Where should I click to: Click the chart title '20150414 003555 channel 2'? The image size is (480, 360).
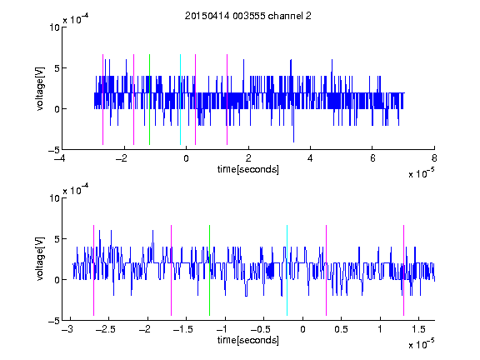pyautogui.click(x=248, y=16)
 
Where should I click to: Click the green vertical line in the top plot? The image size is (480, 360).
pyautogui.click(x=149, y=99)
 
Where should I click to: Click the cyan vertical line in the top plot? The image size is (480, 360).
pyautogui.click(x=180, y=99)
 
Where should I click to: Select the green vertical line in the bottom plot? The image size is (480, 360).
pyautogui.click(x=209, y=270)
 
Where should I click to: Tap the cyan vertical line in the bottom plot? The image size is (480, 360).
pyautogui.click(x=287, y=270)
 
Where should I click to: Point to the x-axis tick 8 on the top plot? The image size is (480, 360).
pyautogui.click(x=434, y=158)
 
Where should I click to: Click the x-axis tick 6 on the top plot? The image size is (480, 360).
pyautogui.click(x=372, y=158)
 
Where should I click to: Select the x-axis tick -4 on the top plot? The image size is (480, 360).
pyautogui.click(x=60, y=158)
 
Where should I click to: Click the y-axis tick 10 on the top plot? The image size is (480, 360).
pyautogui.click(x=54, y=27)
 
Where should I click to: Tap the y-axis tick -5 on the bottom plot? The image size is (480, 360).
pyautogui.click(x=54, y=321)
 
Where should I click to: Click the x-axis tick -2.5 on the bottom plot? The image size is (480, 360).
pyautogui.click(x=105, y=329)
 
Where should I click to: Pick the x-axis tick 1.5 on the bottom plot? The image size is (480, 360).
pyautogui.click(x=419, y=329)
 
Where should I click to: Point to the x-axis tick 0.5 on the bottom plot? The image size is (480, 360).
pyautogui.click(x=341, y=329)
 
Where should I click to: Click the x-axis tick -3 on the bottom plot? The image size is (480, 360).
pyautogui.click(x=67, y=329)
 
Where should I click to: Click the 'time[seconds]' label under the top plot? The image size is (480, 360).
pyautogui.click(x=248, y=169)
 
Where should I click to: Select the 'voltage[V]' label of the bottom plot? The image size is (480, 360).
pyautogui.click(x=40, y=258)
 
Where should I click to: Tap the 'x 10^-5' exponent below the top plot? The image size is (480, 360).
pyautogui.click(x=422, y=173)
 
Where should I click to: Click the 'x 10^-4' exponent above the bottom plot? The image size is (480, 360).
pyautogui.click(x=76, y=189)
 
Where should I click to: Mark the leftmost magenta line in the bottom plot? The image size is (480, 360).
pyautogui.click(x=93, y=270)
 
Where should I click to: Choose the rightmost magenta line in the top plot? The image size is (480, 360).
pyautogui.click(x=227, y=99)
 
